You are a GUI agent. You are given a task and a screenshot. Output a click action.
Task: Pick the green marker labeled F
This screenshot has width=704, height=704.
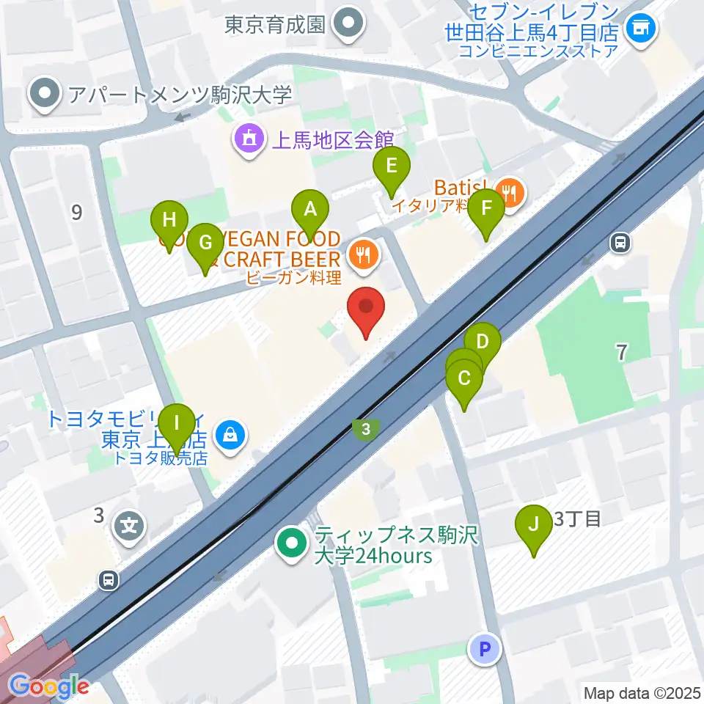coord(485,209)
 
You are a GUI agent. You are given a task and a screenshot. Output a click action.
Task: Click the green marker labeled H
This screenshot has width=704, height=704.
coord(169,221)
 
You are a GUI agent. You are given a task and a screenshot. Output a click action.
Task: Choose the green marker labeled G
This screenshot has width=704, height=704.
coord(205,243)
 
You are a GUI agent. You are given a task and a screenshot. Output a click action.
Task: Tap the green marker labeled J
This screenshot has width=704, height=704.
coord(533,525)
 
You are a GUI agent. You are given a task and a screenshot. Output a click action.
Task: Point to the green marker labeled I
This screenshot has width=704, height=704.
coord(176,425)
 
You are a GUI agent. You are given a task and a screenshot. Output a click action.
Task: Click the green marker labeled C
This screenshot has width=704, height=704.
coord(464,379)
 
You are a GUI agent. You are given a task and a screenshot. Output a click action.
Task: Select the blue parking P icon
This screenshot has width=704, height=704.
coord(483,648)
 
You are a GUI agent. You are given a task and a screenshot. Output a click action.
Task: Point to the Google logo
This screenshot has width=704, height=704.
coord(49,686)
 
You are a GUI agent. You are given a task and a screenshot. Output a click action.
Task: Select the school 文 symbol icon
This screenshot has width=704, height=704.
coord(130,525)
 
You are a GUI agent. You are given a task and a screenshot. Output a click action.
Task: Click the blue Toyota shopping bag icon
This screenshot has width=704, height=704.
coord(230,436)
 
